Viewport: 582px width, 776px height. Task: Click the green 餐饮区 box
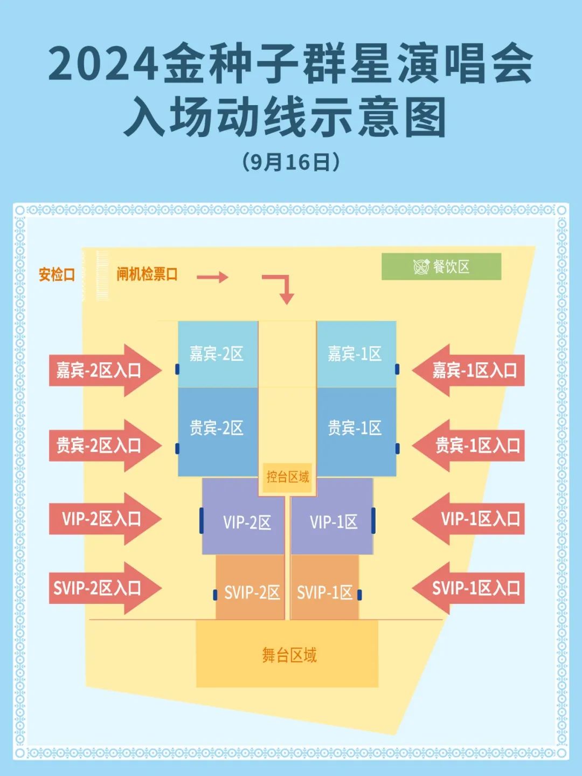441,266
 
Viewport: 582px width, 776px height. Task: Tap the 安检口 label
57,274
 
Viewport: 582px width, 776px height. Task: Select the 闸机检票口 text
147,274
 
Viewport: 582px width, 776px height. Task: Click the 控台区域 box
288,477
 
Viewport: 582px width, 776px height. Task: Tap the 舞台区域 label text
289,655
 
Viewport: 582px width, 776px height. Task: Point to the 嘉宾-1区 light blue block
356,353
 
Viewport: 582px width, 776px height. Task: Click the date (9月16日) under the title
291,162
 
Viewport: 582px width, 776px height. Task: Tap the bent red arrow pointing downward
281,287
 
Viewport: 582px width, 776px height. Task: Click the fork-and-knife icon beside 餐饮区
421,266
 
